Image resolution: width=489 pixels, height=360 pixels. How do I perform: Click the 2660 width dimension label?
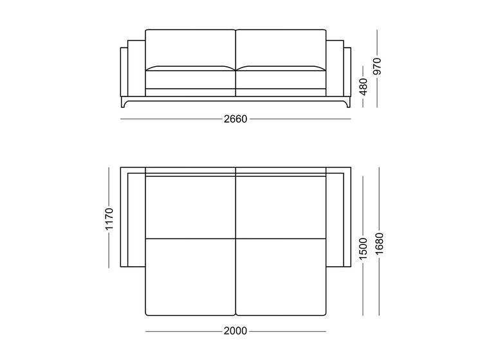[235, 119]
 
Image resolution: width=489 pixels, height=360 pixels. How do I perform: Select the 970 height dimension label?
[377, 66]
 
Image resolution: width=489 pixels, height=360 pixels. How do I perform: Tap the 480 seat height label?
[364, 87]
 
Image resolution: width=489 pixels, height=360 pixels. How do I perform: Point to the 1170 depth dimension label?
[109, 219]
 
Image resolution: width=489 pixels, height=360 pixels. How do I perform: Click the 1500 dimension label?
[364, 249]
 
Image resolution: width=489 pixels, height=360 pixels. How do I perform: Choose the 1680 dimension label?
[380, 244]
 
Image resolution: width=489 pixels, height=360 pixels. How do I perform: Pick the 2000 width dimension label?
[235, 331]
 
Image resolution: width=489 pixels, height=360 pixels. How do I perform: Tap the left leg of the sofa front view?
[124, 102]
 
